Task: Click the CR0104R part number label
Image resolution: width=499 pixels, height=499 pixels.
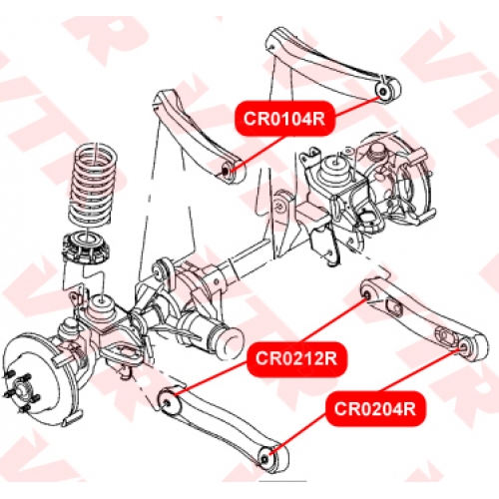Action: [284, 118]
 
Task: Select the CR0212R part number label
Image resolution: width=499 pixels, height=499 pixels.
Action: [296, 358]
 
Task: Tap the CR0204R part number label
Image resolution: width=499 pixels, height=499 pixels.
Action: [375, 408]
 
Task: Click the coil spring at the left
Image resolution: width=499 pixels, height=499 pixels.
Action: [93, 187]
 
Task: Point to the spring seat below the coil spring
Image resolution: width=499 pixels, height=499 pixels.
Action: [86, 248]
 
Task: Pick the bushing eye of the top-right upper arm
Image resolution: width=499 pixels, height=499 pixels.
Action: [387, 90]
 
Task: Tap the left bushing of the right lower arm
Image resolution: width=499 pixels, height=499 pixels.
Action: [367, 294]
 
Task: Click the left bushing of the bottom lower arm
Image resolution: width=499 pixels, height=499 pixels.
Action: [169, 402]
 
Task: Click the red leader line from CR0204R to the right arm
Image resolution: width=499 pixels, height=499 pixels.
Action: [422, 370]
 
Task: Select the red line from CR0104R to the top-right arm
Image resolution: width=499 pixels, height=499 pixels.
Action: [357, 106]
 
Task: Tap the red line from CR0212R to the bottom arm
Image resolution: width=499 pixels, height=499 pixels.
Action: [212, 378]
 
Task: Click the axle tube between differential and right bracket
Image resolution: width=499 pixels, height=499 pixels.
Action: [248, 261]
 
